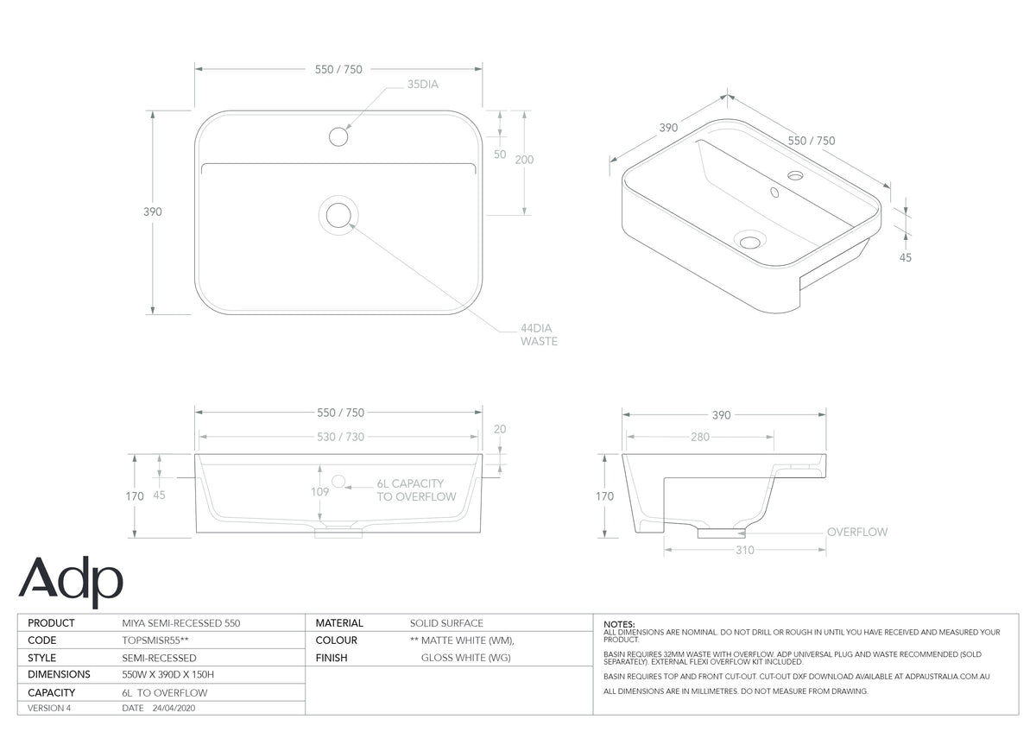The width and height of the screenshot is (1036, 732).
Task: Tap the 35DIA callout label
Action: coord(423,84)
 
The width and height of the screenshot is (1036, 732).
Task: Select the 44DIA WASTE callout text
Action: coord(539,335)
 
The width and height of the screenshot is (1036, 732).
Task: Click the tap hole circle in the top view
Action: coord(338,137)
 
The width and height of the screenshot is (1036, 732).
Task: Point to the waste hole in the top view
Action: coord(338,215)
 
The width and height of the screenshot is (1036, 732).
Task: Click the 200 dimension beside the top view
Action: coord(524,160)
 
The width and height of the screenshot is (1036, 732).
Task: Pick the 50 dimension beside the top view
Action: coord(500,155)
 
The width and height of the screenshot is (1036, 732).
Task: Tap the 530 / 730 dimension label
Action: coord(340,437)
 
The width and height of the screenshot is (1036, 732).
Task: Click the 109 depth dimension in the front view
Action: coord(319,491)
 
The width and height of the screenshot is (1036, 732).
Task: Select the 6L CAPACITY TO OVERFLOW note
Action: coord(416,490)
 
